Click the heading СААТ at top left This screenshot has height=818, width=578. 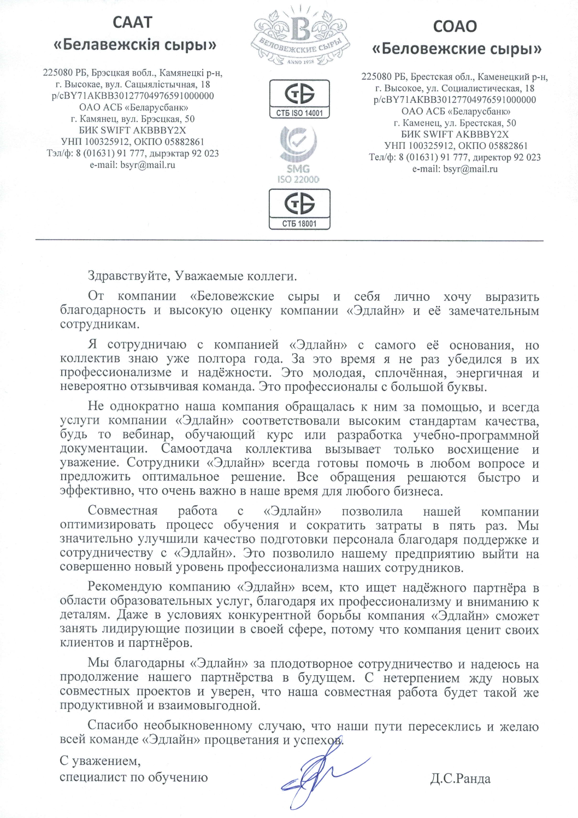pyautogui.click(x=132, y=22)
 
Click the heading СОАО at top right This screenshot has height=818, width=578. pyautogui.click(x=455, y=26)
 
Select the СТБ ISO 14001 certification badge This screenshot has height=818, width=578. pyautogui.click(x=299, y=98)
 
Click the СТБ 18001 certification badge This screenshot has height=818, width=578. pyautogui.click(x=299, y=208)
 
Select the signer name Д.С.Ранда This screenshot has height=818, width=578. pyautogui.click(x=460, y=779)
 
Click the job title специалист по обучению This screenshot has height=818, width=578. pyautogui.click(x=133, y=777)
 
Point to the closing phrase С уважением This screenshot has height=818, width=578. pyautogui.click(x=100, y=761)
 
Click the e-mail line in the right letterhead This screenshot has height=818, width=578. pyautogui.click(x=455, y=169)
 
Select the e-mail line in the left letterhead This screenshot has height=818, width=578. pyautogui.click(x=132, y=165)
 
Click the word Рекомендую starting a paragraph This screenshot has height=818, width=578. pyautogui.click(x=125, y=587)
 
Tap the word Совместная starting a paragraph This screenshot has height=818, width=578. pyautogui.click(x=122, y=511)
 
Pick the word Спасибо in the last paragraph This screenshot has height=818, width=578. pyautogui.click(x=113, y=726)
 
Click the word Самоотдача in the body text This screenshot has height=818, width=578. pyautogui.click(x=196, y=449)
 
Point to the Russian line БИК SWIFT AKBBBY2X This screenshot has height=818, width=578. pyautogui.click(x=455, y=134)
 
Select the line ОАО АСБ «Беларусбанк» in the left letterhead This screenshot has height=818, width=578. pyautogui.click(x=133, y=107)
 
